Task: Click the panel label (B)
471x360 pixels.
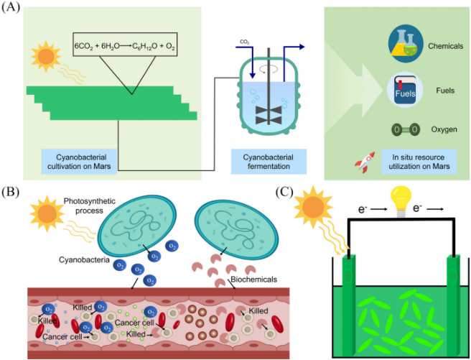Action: (x=12, y=192)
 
